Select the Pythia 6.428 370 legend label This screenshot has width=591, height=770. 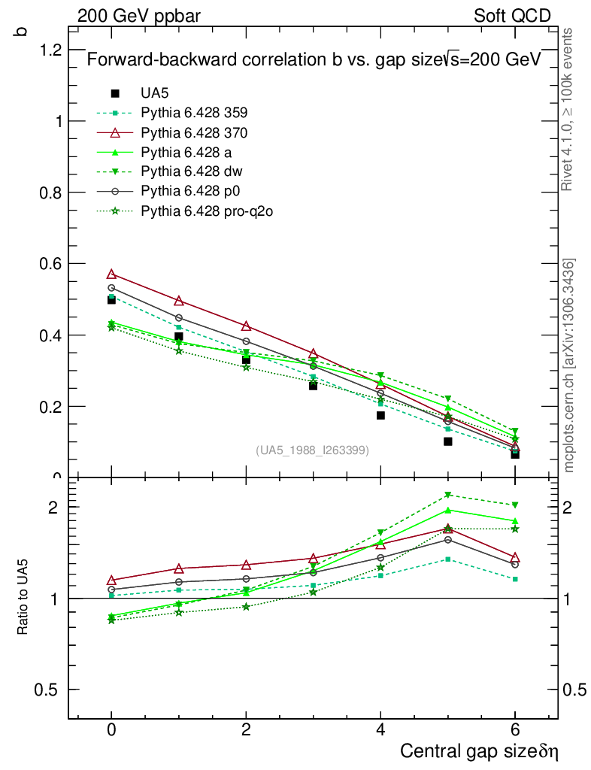pos(194,133)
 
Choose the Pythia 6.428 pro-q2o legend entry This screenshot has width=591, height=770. pos(206,211)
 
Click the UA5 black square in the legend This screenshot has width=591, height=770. pos(115,94)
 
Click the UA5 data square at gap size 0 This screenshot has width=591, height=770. pos(111,299)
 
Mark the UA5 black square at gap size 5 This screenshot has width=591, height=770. pos(447,441)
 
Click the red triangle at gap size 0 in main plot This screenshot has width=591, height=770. pos(111,274)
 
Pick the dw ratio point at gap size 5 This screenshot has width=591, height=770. pos(447,495)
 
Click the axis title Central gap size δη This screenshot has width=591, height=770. pos(479,751)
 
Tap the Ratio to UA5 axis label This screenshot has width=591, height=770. pos(23,599)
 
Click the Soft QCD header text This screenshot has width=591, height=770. pos(512,16)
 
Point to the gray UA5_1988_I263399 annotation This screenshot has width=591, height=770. pos(313,450)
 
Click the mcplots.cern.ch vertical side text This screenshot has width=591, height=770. pos(569,365)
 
